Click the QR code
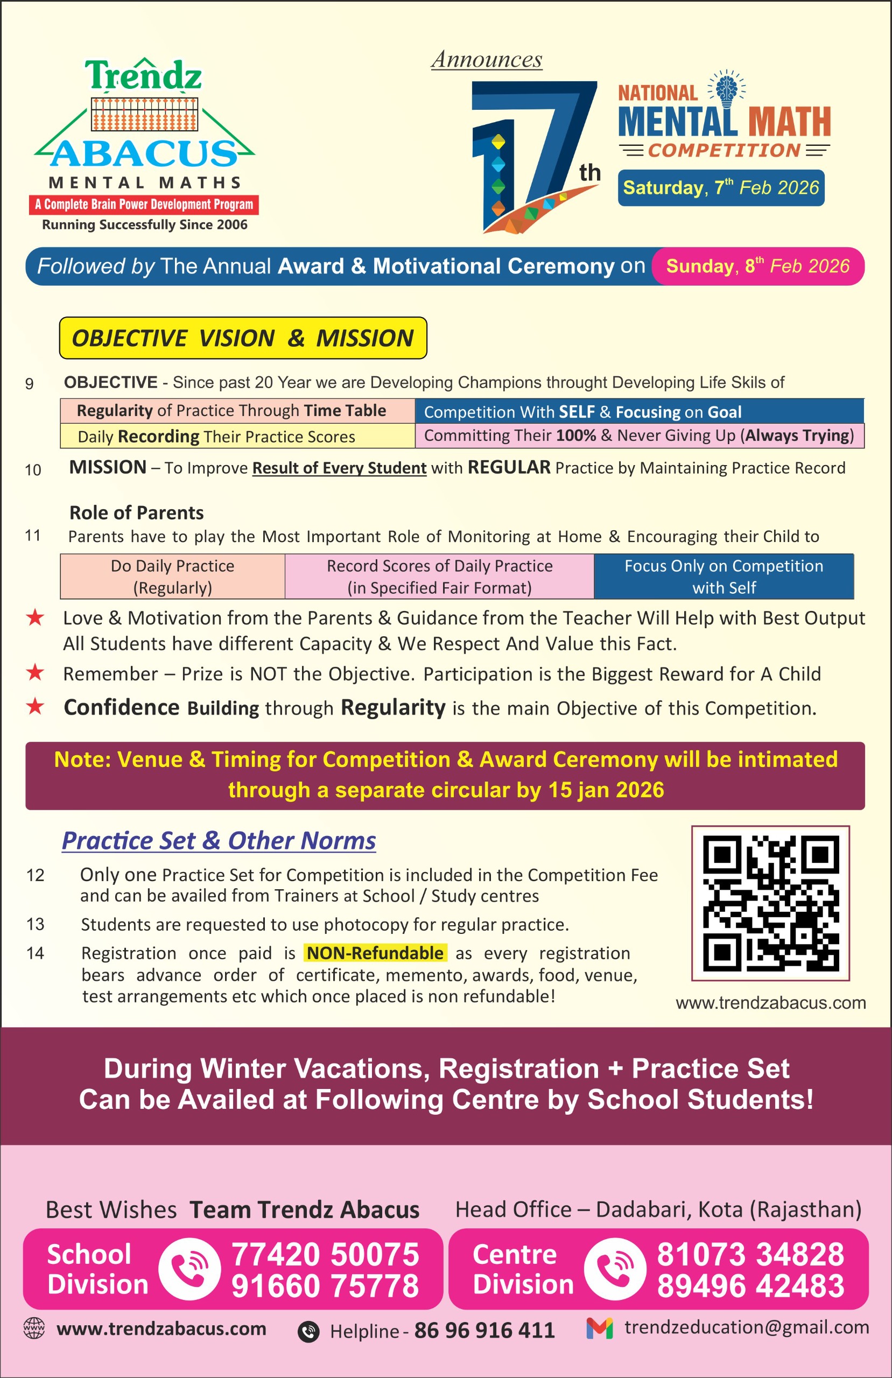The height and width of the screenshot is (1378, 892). point(770,903)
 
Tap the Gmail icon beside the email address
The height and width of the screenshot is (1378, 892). point(600,1327)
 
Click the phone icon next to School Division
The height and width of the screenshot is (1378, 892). point(189,1269)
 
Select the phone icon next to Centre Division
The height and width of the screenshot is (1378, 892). point(615,1269)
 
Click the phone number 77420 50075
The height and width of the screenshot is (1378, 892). point(325,1255)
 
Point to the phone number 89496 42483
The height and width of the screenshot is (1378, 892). point(750,1286)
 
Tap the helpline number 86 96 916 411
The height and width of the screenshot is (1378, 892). point(484,1331)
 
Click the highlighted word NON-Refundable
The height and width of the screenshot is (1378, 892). point(375,952)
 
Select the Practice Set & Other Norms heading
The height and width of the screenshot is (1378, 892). point(219,840)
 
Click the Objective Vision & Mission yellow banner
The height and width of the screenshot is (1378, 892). point(243,338)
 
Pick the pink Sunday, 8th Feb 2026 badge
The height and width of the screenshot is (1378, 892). point(757,266)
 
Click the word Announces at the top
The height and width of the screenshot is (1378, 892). point(487,59)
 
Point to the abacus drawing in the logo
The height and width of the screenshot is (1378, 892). point(144,114)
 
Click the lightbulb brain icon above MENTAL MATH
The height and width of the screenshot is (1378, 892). point(726,89)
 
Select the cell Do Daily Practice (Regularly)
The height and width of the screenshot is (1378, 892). point(173,576)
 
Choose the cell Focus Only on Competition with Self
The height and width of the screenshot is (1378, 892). point(724,576)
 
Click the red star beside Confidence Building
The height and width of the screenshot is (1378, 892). point(36,706)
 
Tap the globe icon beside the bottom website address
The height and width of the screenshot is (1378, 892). point(33,1328)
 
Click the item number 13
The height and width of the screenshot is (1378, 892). point(36,924)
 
